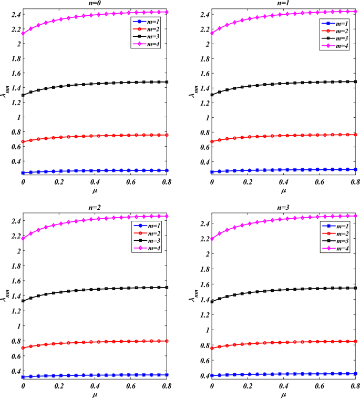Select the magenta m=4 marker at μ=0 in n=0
23,33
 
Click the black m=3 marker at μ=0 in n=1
212,95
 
